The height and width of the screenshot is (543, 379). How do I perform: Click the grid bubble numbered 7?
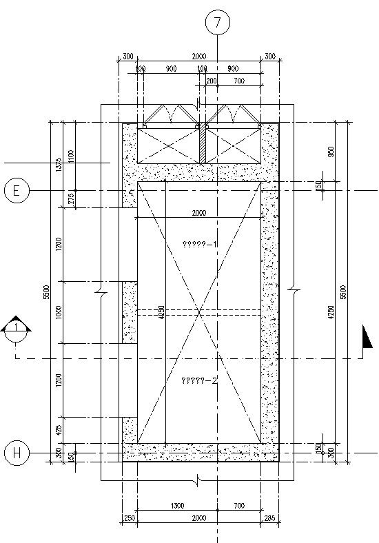click(x=218, y=22)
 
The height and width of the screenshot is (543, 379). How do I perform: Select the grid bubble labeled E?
click(x=17, y=190)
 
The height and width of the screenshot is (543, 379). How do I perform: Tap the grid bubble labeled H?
click(x=17, y=453)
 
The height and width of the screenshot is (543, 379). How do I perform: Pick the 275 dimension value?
click(x=71, y=199)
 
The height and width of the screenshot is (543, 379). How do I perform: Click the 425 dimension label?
click(x=59, y=430)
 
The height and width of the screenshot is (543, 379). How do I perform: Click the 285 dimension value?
click(x=269, y=518)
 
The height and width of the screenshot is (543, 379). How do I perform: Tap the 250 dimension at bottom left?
click(x=129, y=518)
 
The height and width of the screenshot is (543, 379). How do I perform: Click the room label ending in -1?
click(x=199, y=244)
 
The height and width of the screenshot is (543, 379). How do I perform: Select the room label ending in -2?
click(x=199, y=380)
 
